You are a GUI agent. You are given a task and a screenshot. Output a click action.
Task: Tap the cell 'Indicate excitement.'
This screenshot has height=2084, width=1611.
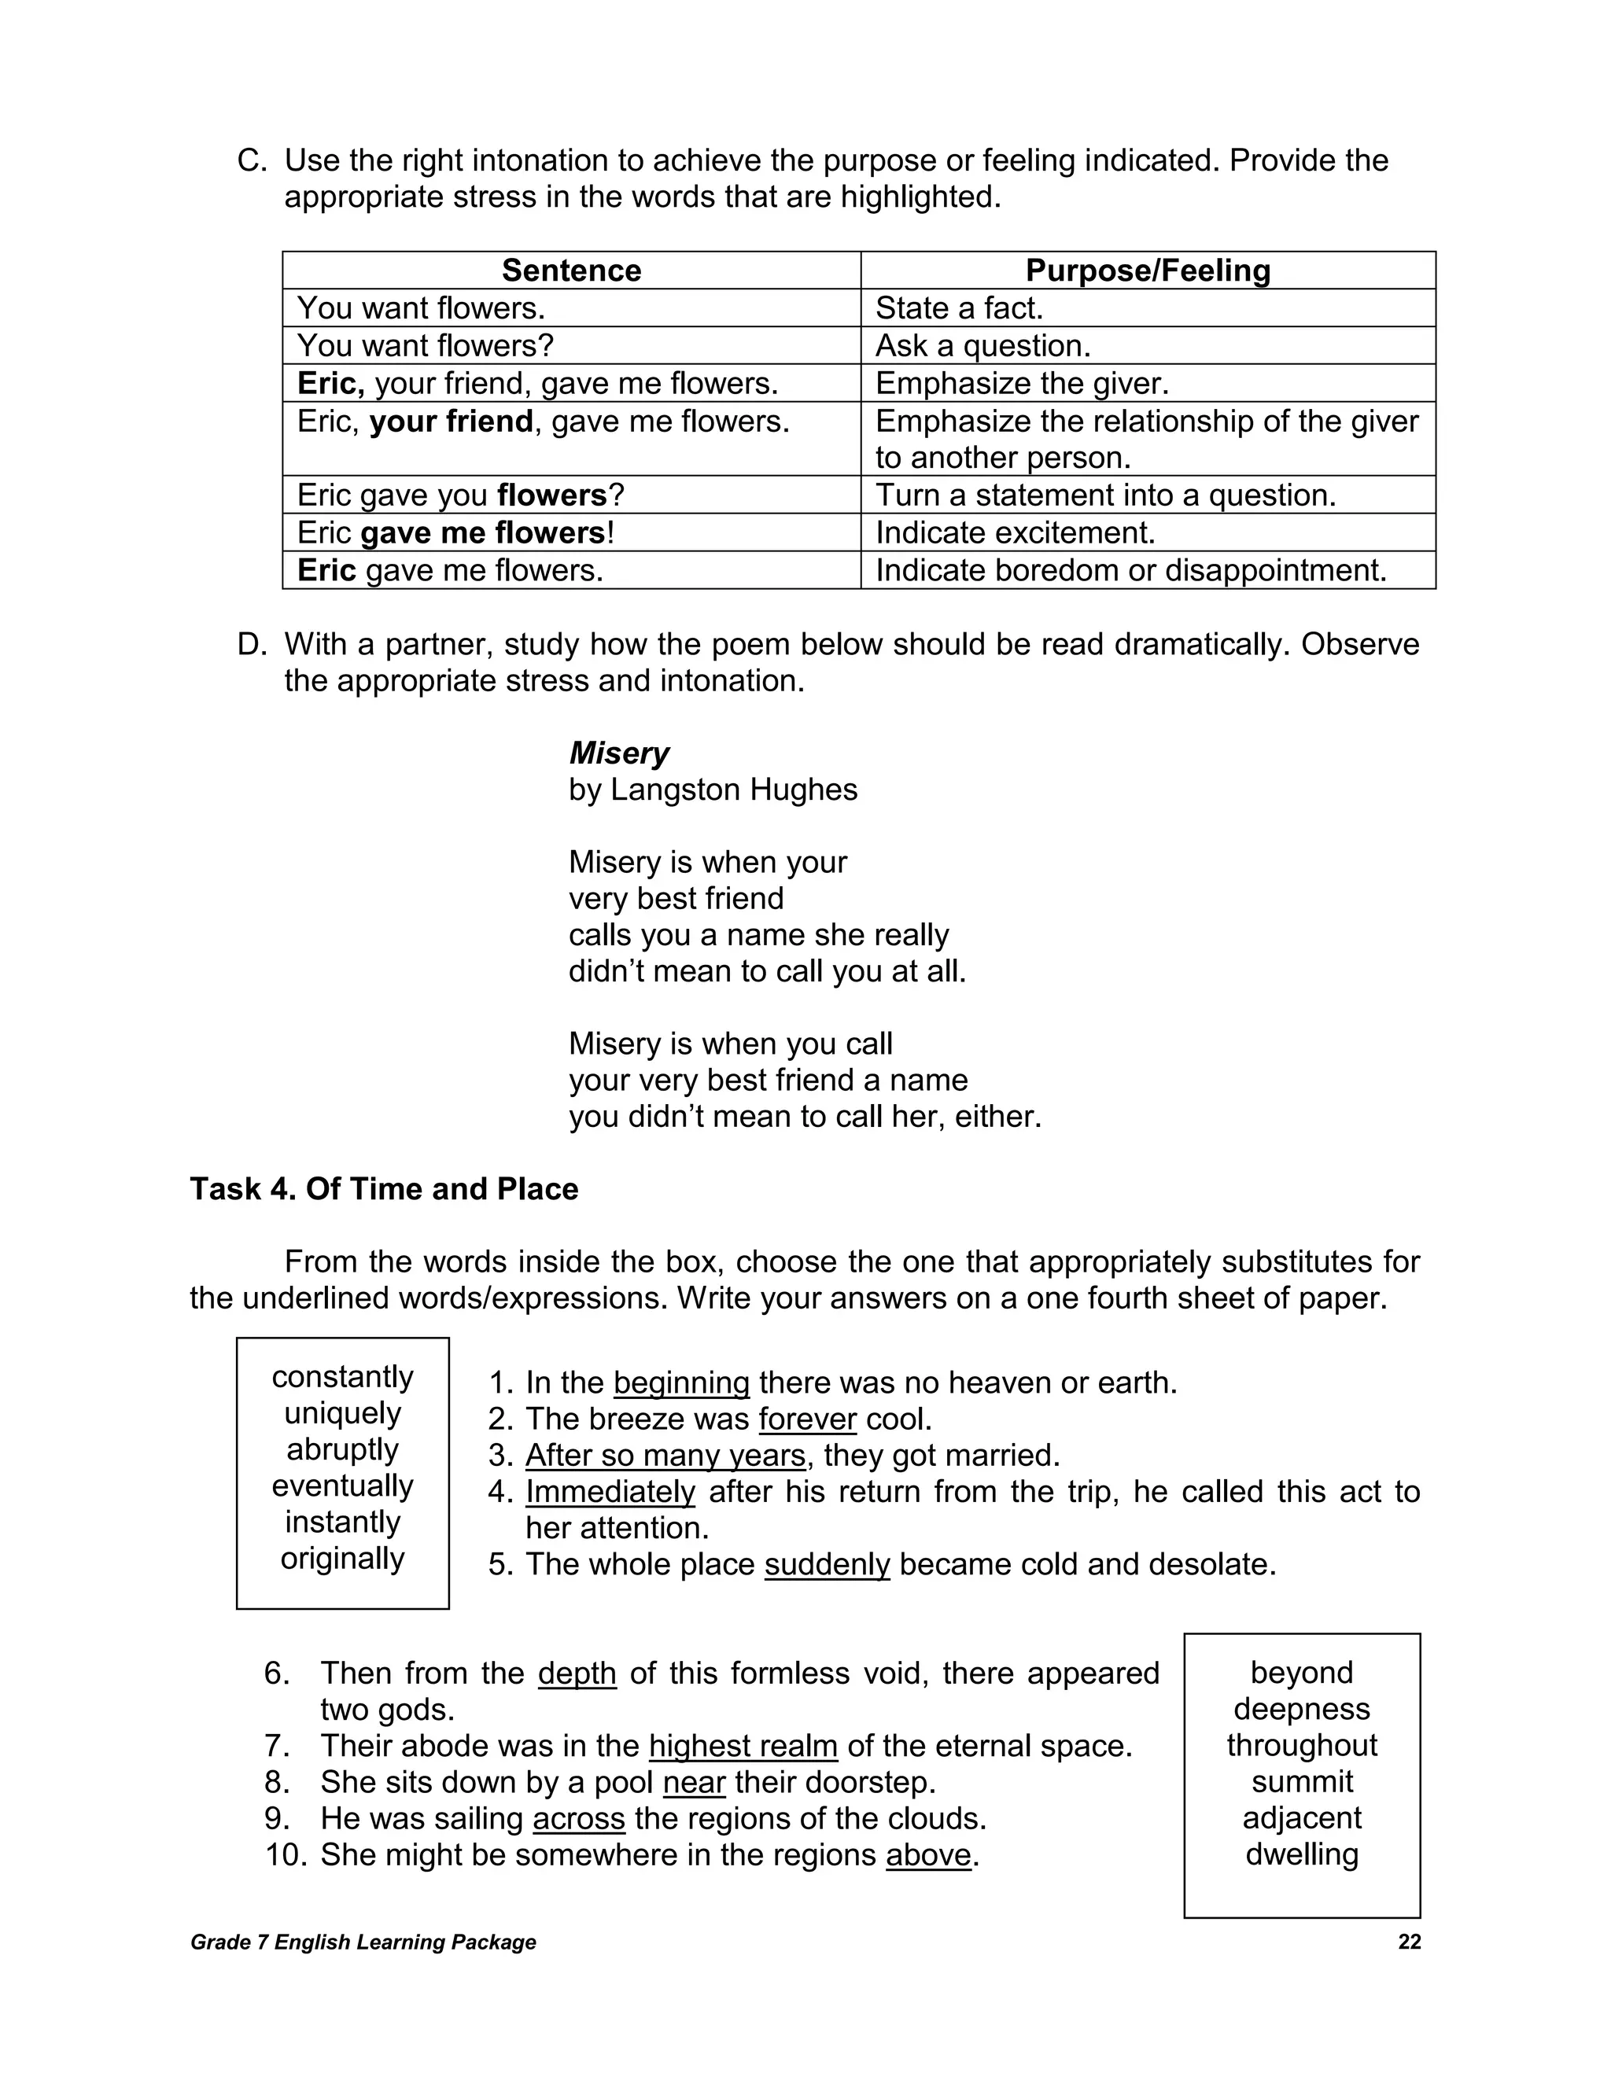1015,532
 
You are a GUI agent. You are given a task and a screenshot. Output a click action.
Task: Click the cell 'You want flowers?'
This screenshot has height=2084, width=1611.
425,345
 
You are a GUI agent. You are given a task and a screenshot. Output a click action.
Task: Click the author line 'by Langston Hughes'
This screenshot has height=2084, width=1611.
712,790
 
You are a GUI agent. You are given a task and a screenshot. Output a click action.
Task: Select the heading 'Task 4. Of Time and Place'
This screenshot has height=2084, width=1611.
384,1189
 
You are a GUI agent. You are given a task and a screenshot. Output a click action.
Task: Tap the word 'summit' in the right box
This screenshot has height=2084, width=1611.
1302,1781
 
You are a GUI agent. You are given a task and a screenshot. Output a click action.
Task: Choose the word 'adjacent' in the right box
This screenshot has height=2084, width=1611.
1302,1817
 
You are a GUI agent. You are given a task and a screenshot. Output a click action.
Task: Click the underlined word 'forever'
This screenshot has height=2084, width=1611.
807,1419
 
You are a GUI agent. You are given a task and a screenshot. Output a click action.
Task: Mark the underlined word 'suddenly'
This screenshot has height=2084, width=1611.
827,1565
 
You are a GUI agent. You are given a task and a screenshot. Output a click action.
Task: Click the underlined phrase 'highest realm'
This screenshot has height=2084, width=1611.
743,1746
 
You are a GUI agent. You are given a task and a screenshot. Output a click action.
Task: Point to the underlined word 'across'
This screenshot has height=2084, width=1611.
578,1819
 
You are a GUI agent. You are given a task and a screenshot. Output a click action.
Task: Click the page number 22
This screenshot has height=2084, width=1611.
1409,1942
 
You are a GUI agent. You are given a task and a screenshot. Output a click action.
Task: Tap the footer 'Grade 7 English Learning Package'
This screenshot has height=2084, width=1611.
363,1942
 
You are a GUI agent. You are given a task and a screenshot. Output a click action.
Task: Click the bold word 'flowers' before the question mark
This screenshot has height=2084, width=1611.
551,495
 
